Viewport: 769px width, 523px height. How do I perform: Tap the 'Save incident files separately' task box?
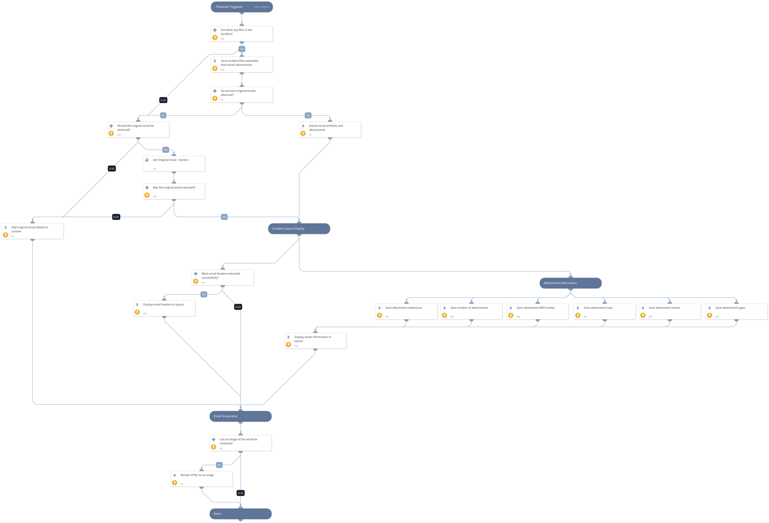[x=242, y=65]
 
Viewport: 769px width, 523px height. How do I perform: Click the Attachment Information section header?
[x=570, y=283]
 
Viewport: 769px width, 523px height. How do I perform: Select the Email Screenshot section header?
[x=240, y=416]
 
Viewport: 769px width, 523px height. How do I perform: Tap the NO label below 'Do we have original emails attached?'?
[x=163, y=115]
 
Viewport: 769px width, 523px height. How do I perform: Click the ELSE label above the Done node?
[x=241, y=493]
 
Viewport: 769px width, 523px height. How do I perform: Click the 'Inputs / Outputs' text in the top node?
[x=261, y=7]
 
